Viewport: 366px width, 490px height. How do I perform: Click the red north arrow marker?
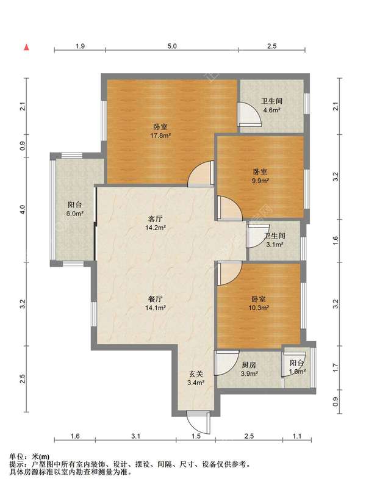point(27,48)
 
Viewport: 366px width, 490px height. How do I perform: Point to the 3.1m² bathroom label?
point(274,240)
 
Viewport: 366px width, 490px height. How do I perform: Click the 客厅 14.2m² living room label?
point(155,223)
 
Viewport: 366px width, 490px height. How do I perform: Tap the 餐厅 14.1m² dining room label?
point(155,303)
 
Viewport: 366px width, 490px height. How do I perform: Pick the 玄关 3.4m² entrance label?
point(196,378)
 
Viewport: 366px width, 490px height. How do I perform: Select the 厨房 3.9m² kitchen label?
point(249,369)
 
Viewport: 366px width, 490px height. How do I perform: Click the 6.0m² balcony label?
point(75,209)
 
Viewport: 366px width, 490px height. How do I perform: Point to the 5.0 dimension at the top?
point(172,46)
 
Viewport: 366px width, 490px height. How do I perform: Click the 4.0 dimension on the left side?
point(22,209)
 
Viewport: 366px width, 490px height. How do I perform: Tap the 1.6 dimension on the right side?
point(335,240)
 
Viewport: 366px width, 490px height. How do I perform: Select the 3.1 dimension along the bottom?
point(135,436)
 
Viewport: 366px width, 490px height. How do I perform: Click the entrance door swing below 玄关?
point(199,422)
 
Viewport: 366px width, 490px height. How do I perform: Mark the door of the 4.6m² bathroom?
point(249,114)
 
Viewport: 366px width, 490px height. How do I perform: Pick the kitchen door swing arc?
point(227,363)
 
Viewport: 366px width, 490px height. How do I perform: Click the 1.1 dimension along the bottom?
point(297,436)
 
